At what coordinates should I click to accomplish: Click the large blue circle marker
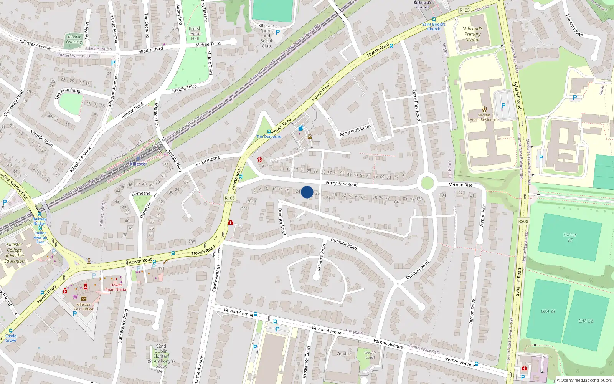tap(307, 192)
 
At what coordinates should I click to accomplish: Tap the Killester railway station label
tap(138, 164)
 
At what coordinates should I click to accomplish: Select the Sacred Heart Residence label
tap(484, 117)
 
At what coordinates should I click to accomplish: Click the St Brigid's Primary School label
tap(472, 34)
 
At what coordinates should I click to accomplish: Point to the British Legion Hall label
tap(195, 33)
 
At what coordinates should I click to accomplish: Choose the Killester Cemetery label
tap(74, 40)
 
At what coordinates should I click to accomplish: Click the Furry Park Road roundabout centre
tap(427, 183)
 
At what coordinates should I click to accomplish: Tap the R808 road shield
tap(523, 221)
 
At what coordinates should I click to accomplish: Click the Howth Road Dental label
tap(116, 287)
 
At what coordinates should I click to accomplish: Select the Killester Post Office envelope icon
tap(84, 298)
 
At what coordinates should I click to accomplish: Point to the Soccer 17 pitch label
tap(570, 237)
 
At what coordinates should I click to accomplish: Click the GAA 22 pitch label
tap(586, 321)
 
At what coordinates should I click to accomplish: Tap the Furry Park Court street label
tap(355, 131)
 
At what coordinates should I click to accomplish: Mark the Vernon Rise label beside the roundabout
tap(461, 185)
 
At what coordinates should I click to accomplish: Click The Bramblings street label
tap(69, 93)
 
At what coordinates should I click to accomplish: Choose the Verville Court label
tap(370, 355)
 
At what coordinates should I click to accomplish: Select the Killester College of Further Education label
tap(15, 253)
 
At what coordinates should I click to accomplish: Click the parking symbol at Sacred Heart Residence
tap(503, 106)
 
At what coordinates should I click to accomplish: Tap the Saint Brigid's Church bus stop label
tap(434, 26)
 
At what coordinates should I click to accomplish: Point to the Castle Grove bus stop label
tap(11, 338)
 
